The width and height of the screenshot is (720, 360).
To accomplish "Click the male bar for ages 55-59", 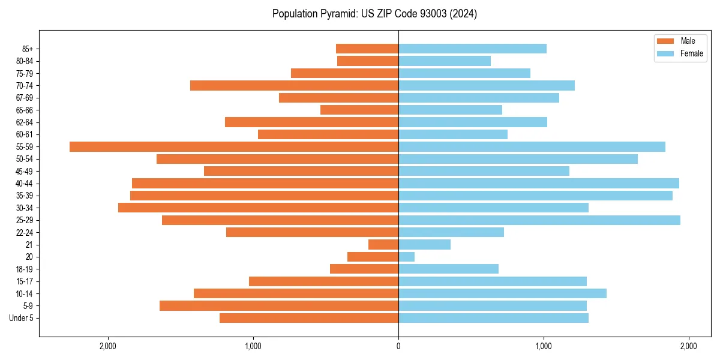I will [234, 146].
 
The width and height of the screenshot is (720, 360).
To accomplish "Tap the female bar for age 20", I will [407, 257].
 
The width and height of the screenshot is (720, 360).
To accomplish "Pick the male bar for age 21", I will [383, 245].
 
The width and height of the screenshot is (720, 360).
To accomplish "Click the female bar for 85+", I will [472, 49].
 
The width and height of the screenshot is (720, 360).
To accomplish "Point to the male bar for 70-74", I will [294, 85].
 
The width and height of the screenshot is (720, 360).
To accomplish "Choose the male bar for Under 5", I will [309, 318].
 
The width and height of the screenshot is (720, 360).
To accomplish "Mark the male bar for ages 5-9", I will [279, 306].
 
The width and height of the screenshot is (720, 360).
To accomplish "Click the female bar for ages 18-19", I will [448, 269].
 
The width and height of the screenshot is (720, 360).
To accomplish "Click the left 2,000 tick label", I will [108, 347].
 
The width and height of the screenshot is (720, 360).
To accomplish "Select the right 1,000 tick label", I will [544, 347].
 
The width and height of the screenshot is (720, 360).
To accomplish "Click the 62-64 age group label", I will [25, 122].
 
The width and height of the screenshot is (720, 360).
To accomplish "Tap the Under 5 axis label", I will [21, 318].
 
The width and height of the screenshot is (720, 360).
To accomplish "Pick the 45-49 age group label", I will [25, 171].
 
